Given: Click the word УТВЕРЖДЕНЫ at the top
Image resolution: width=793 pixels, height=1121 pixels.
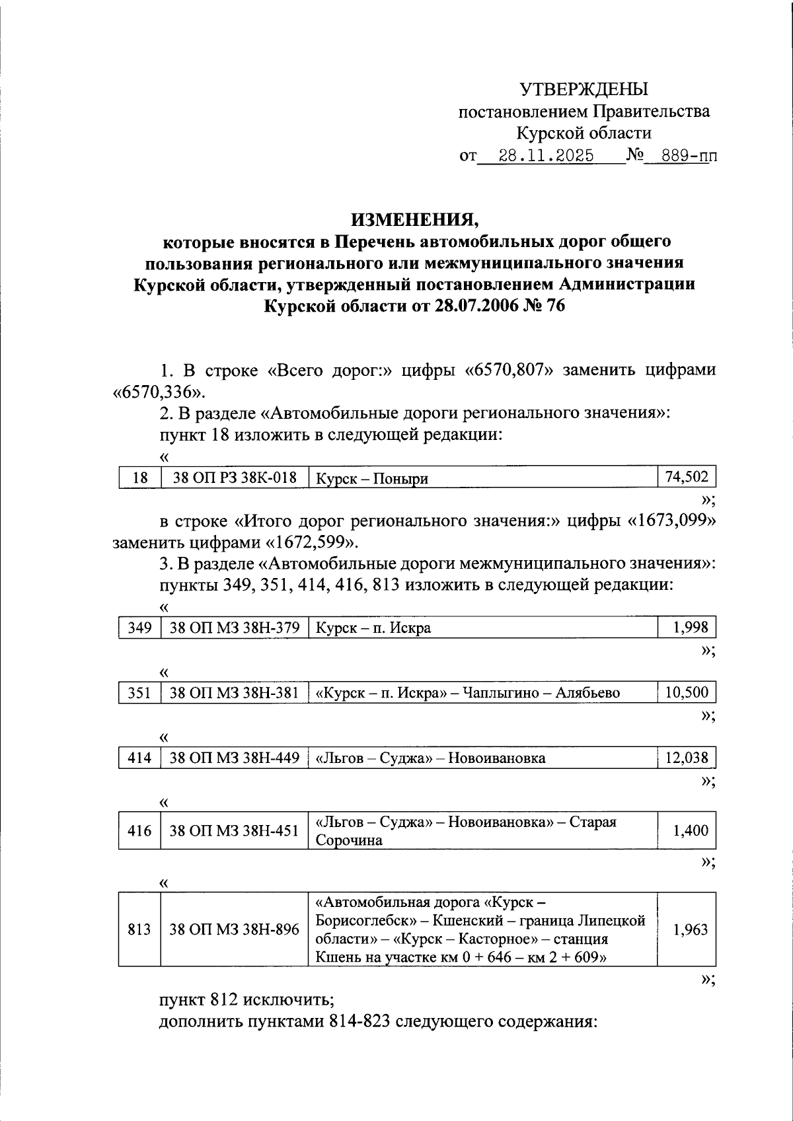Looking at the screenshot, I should click(584, 89).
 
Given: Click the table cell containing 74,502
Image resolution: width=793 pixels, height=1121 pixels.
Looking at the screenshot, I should click(686, 477).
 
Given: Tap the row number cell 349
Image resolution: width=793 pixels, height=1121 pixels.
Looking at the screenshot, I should click(139, 628).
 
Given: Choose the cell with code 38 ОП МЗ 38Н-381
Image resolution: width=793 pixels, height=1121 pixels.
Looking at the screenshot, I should click(235, 693).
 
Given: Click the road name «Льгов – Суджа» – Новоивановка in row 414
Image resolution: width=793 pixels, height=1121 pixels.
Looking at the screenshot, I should click(431, 758).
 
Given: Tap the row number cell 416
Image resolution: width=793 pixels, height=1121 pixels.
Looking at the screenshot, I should click(139, 831).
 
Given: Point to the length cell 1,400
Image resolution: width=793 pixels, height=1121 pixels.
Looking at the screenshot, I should click(690, 831).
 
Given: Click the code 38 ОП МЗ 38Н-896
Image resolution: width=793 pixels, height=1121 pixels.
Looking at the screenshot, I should click(235, 930).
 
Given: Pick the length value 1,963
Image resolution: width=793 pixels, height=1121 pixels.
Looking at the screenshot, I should click(690, 930).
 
